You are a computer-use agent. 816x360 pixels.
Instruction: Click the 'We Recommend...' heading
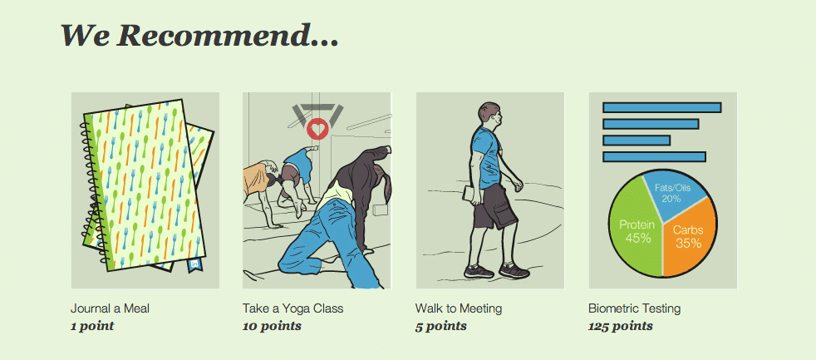pyautogui.click(x=199, y=37)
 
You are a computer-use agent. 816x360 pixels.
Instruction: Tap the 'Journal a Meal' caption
pyautogui.click(x=110, y=308)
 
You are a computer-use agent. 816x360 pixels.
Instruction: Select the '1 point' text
pyautogui.click(x=92, y=327)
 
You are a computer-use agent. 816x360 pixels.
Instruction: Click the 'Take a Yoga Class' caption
pyautogui.click(x=293, y=308)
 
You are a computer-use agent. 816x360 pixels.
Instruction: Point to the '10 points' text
pyautogui.click(x=272, y=327)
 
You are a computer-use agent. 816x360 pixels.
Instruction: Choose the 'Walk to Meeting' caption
pyautogui.click(x=459, y=308)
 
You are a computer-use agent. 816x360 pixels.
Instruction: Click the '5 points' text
pyautogui.click(x=440, y=327)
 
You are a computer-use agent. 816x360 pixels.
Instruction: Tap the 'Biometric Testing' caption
pyautogui.click(x=634, y=308)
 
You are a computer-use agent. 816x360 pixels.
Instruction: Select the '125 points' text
pyautogui.click(x=621, y=327)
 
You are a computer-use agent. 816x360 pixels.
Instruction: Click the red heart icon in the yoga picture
pyautogui.click(x=317, y=129)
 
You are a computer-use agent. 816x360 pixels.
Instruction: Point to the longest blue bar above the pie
pyautogui.click(x=661, y=107)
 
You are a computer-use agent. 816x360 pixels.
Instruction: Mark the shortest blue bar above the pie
pyautogui.click(x=636, y=141)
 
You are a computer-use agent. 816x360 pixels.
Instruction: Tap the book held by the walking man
pyautogui.click(x=470, y=195)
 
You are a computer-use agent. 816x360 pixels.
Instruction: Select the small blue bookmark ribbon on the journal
pyautogui.click(x=195, y=264)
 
